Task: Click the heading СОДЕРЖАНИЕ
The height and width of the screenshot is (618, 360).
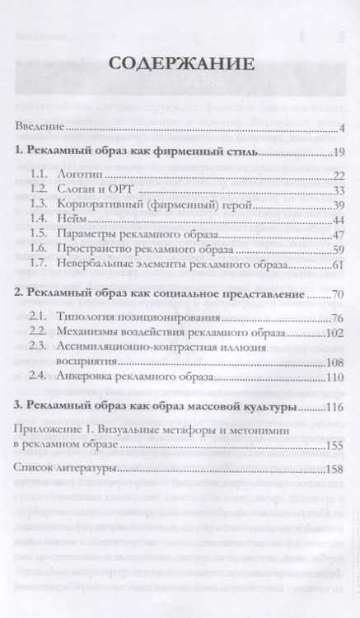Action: pyautogui.click(x=180, y=64)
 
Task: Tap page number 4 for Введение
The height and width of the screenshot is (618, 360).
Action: pyautogui.click(x=340, y=128)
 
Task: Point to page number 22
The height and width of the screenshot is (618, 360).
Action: pyautogui.click(x=336, y=176)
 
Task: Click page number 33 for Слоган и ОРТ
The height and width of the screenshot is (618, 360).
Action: pyautogui.click(x=336, y=191)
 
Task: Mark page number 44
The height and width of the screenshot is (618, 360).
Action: pyautogui.click(x=336, y=222)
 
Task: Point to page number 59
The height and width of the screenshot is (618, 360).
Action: pyautogui.click(x=336, y=252)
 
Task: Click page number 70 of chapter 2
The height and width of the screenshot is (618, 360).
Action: pyautogui.click(x=336, y=294)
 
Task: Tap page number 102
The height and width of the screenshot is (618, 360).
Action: pyautogui.click(x=333, y=332)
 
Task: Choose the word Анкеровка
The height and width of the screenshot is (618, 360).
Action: pyautogui.click(x=91, y=377)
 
